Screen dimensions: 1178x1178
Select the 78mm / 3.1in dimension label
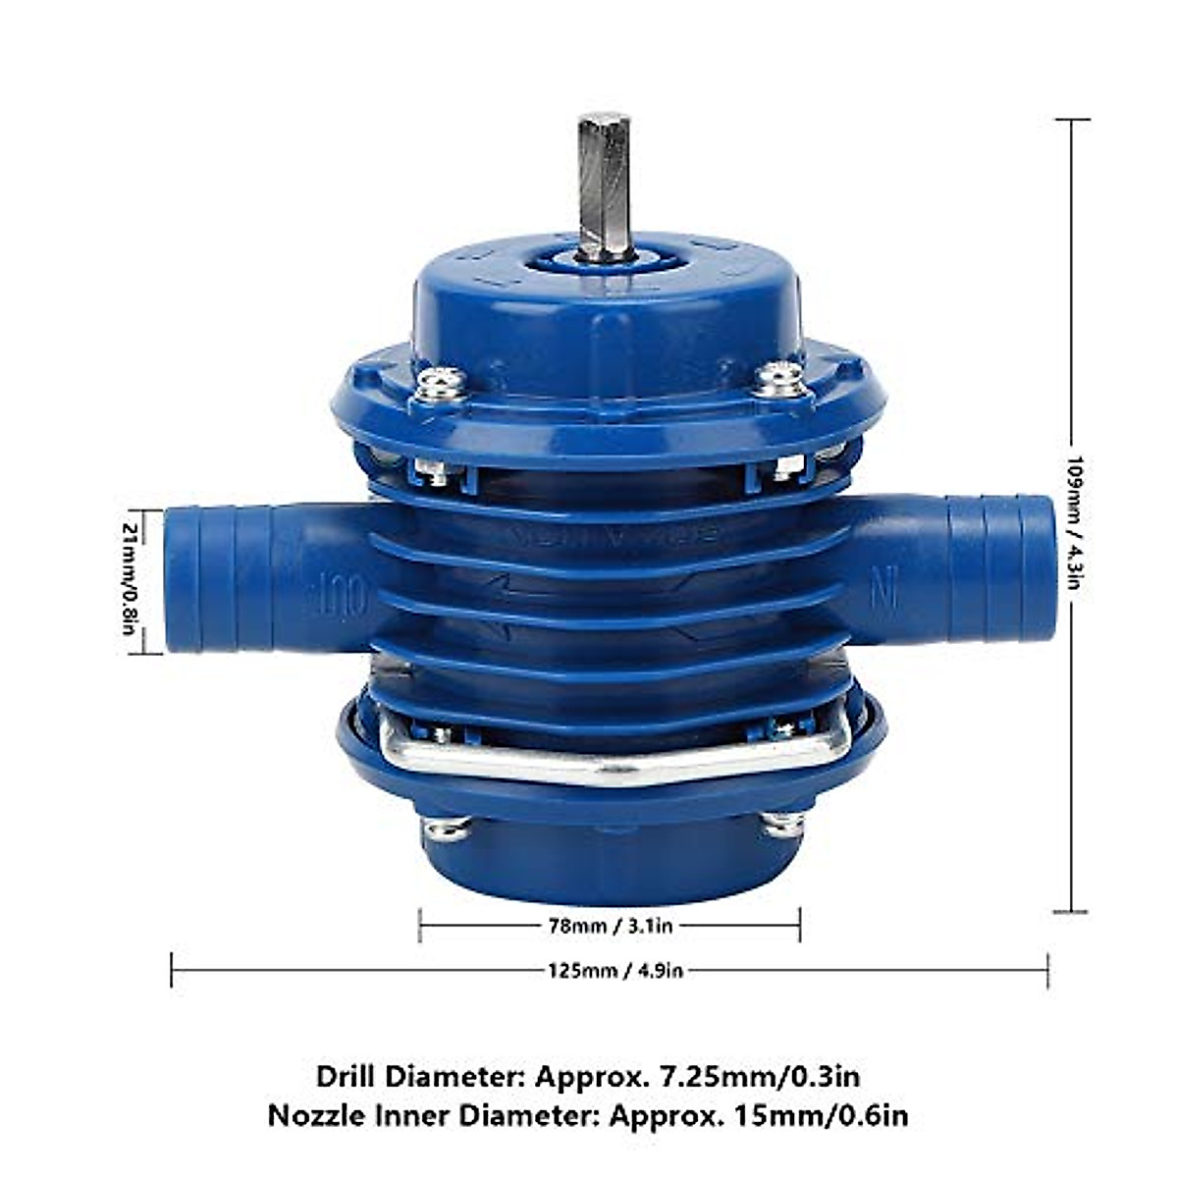tap(610, 925)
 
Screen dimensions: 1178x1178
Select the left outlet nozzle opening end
tap(183, 579)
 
